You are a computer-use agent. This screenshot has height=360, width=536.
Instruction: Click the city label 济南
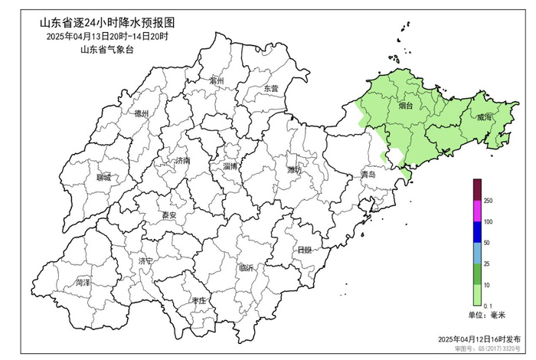(x=182, y=161)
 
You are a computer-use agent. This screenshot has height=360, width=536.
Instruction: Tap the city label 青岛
(x=368, y=175)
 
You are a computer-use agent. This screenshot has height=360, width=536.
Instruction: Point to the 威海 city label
(x=483, y=118)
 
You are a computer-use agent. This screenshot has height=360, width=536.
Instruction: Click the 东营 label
(x=271, y=89)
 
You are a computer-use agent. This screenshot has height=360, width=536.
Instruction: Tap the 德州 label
(x=142, y=114)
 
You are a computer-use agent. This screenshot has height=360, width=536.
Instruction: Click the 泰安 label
(x=168, y=216)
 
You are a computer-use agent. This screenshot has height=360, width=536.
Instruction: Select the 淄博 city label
(x=230, y=166)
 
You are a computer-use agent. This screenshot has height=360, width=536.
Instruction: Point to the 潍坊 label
(x=295, y=169)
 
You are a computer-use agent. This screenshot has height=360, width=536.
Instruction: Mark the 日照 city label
(x=304, y=250)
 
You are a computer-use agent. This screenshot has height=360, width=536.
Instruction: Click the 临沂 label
(x=247, y=268)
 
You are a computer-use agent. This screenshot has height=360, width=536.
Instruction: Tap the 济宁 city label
(x=145, y=261)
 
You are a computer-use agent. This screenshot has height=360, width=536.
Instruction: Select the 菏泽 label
(x=83, y=283)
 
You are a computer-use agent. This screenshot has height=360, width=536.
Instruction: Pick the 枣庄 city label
(x=199, y=301)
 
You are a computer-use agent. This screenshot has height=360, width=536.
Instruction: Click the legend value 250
(x=488, y=201)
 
